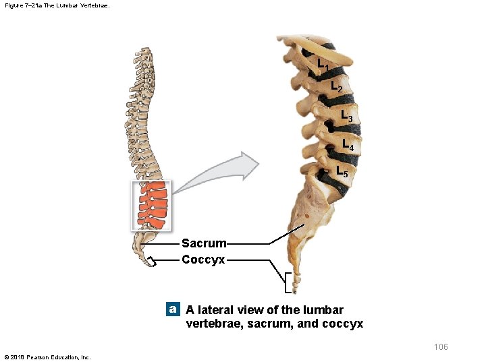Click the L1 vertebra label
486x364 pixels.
tap(323, 64)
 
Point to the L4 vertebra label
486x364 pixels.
tap(348, 144)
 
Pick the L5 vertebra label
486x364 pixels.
tap(342, 171)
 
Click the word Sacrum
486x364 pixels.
tap(204, 243)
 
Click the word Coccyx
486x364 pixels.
tap(203, 260)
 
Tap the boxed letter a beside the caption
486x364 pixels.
tap(173, 309)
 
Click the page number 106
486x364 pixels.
tap(440, 347)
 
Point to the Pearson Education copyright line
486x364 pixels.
tap(47, 357)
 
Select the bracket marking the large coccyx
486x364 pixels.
tap(288, 284)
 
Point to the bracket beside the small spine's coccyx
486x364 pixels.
tap(151, 262)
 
